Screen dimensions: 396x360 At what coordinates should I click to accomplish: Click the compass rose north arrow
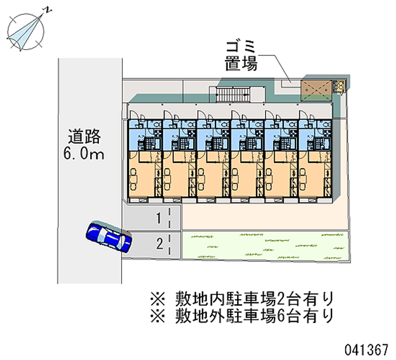point(26,31)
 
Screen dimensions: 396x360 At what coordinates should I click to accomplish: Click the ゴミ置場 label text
point(241,56)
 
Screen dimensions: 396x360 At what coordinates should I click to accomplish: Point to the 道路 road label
point(85,136)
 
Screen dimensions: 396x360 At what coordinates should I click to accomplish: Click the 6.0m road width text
point(84,154)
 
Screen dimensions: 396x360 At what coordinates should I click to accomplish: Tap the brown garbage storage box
point(316,88)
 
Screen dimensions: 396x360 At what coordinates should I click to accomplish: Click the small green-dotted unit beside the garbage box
point(340,86)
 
